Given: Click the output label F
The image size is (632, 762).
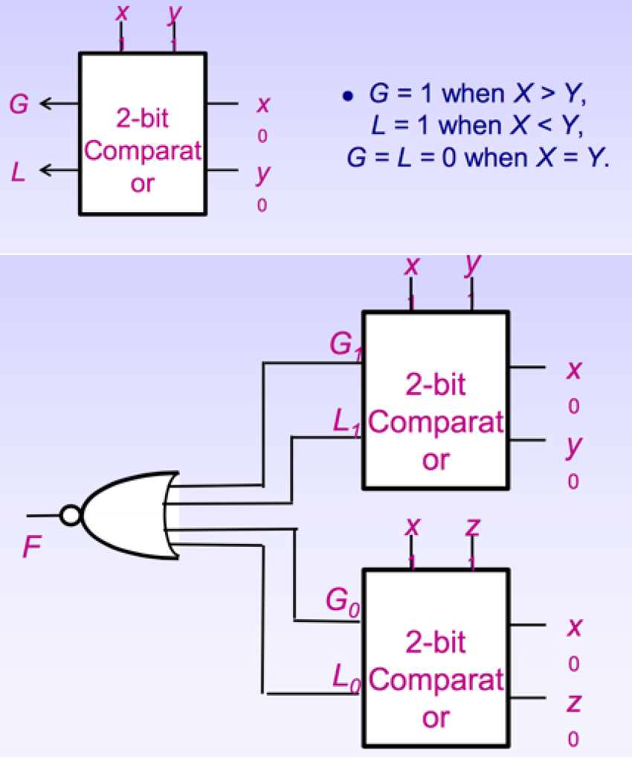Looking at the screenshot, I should pos(32,548).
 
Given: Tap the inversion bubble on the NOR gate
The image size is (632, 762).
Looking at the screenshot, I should pos(71,515).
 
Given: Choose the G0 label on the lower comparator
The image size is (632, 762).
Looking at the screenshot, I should pos(342,601).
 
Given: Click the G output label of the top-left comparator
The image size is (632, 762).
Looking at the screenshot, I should pos(19,104).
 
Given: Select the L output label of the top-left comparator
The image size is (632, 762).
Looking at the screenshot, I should pos(19,172).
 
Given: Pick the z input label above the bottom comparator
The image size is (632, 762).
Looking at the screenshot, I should pos(472,528).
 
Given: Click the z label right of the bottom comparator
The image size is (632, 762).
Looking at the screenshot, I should pos(573,702).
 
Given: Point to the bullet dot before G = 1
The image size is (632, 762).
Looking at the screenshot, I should pos(346,97).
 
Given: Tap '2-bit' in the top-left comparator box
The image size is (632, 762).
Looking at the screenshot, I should pos(142,118).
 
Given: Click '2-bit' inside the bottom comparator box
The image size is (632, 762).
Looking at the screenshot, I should pos(436,641).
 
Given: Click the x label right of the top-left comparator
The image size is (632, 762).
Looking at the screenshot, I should pos(262,105).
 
